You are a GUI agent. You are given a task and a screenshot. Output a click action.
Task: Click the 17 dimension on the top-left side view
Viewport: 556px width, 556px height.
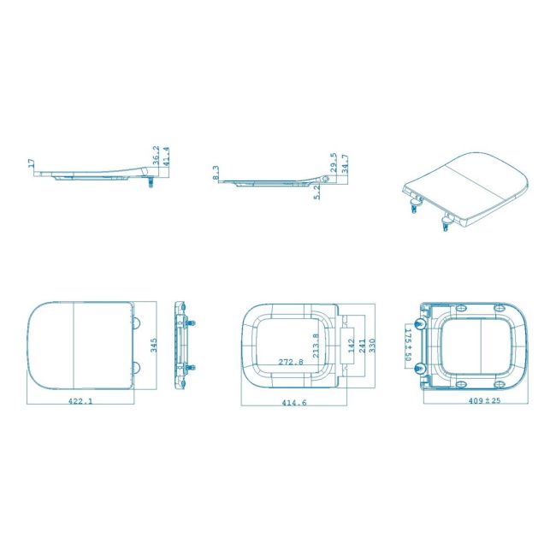click(x=31, y=163)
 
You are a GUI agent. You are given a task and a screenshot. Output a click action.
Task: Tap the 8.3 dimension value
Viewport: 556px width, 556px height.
click(x=216, y=173)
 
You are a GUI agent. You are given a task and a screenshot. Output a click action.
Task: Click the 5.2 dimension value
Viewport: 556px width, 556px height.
click(x=317, y=192)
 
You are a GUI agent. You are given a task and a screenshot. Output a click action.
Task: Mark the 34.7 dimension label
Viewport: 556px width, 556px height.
click(x=344, y=163)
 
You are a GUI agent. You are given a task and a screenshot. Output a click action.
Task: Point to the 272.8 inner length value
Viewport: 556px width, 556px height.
click(x=291, y=362)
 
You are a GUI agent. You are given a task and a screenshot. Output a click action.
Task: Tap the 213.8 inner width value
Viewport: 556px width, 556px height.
click(x=316, y=346)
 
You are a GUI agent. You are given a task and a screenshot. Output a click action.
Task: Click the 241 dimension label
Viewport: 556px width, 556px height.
click(x=361, y=346)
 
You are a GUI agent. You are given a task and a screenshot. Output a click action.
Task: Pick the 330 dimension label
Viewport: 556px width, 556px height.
click(x=371, y=346)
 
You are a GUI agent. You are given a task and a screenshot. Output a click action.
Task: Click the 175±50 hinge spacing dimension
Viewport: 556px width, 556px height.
click(x=408, y=344)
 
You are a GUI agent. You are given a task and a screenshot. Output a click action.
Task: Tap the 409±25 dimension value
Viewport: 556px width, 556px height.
click(x=482, y=399)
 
